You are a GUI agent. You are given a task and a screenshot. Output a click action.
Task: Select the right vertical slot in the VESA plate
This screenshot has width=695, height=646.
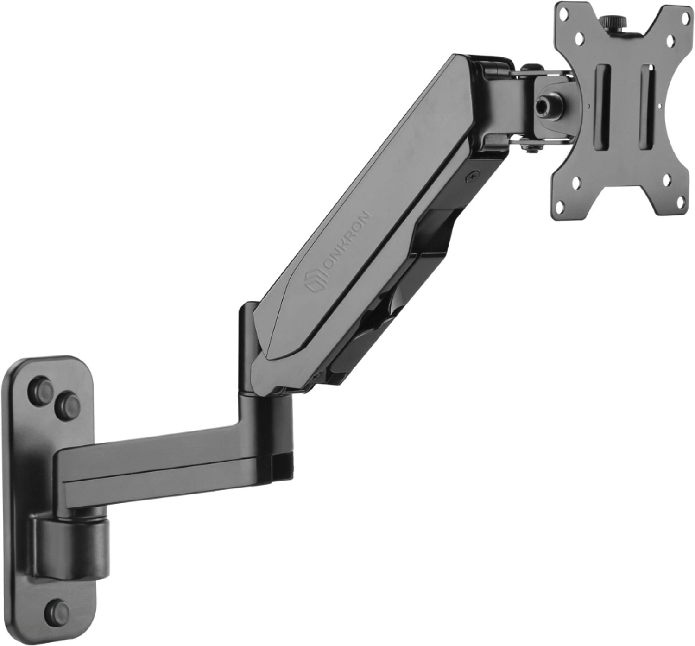click(x=647, y=109)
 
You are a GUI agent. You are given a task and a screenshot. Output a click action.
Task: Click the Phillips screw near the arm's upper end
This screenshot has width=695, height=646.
click(x=472, y=175)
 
